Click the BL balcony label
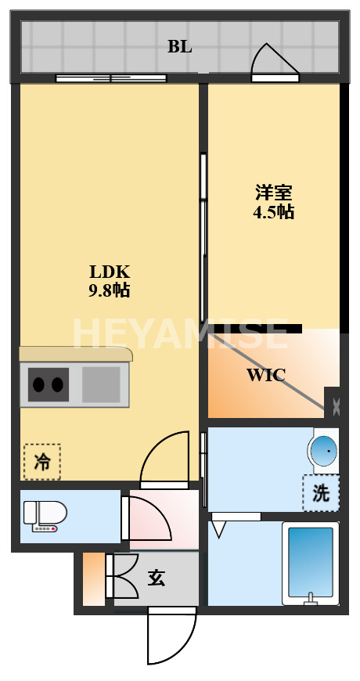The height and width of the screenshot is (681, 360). (179, 46)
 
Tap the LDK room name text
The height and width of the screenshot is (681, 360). (109, 272)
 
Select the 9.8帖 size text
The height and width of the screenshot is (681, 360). (109, 290)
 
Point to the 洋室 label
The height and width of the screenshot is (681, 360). (273, 193)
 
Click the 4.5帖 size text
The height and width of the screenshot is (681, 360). (273, 211)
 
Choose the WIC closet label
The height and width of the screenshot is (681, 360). (266, 375)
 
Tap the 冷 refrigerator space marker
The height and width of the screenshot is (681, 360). (41, 461)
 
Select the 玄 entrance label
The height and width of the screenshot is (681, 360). (157, 578)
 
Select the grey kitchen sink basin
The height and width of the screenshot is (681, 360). (101, 384)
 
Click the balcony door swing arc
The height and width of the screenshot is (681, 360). (273, 61)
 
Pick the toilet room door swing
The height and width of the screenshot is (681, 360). (149, 518)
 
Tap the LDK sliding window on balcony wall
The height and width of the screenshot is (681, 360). (110, 77)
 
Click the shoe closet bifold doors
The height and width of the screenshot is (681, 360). (124, 578)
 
